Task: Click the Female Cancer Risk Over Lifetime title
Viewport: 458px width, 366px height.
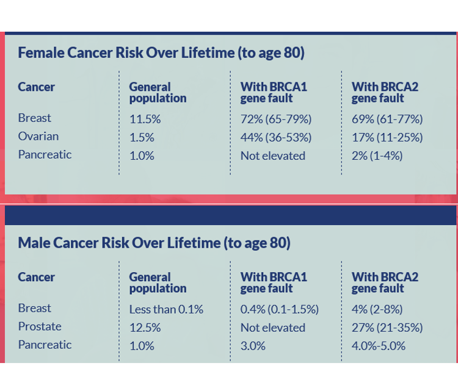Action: pyautogui.click(x=161, y=53)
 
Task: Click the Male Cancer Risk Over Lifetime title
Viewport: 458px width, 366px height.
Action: pyautogui.click(x=154, y=243)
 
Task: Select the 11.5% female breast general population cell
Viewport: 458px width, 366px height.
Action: pyautogui.click(x=145, y=119)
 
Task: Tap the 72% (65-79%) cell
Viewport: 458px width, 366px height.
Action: pyautogui.click(x=275, y=119)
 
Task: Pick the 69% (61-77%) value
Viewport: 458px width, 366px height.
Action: pyautogui.click(x=387, y=119)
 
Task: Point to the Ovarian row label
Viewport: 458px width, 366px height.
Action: pyautogui.click(x=38, y=136)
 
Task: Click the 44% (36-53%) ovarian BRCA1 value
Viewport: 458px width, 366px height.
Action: pyautogui.click(x=275, y=137)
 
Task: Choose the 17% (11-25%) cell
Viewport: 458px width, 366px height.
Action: pyautogui.click(x=387, y=137)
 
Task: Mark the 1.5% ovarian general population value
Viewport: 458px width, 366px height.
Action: pyautogui.click(x=141, y=137)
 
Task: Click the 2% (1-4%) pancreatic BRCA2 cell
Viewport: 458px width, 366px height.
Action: pyautogui.click(x=377, y=156)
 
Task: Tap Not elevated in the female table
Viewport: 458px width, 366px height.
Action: pyautogui.click(x=272, y=156)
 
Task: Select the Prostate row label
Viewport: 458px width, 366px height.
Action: pyautogui.click(x=39, y=326)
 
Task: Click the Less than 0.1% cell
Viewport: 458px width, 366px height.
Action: pyautogui.click(x=165, y=309)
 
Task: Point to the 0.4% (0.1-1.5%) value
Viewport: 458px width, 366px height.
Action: pyautogui.click(x=279, y=309)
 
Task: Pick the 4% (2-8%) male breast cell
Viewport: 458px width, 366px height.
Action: pyautogui.click(x=377, y=309)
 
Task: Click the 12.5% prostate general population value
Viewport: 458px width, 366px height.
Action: pyautogui.click(x=145, y=328)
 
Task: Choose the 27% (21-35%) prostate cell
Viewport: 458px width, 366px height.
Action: pyautogui.click(x=387, y=328)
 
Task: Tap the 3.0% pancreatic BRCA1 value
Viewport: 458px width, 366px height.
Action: pyautogui.click(x=253, y=346)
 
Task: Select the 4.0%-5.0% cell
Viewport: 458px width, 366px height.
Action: pyautogui.click(x=378, y=346)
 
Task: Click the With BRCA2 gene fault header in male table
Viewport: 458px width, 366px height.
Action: pyautogui.click(x=385, y=282)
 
